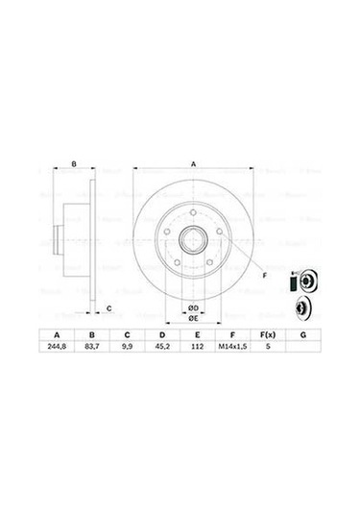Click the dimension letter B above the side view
[74, 165]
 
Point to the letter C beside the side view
[108, 308]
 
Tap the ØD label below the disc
[192, 306]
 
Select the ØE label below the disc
[192, 318]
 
